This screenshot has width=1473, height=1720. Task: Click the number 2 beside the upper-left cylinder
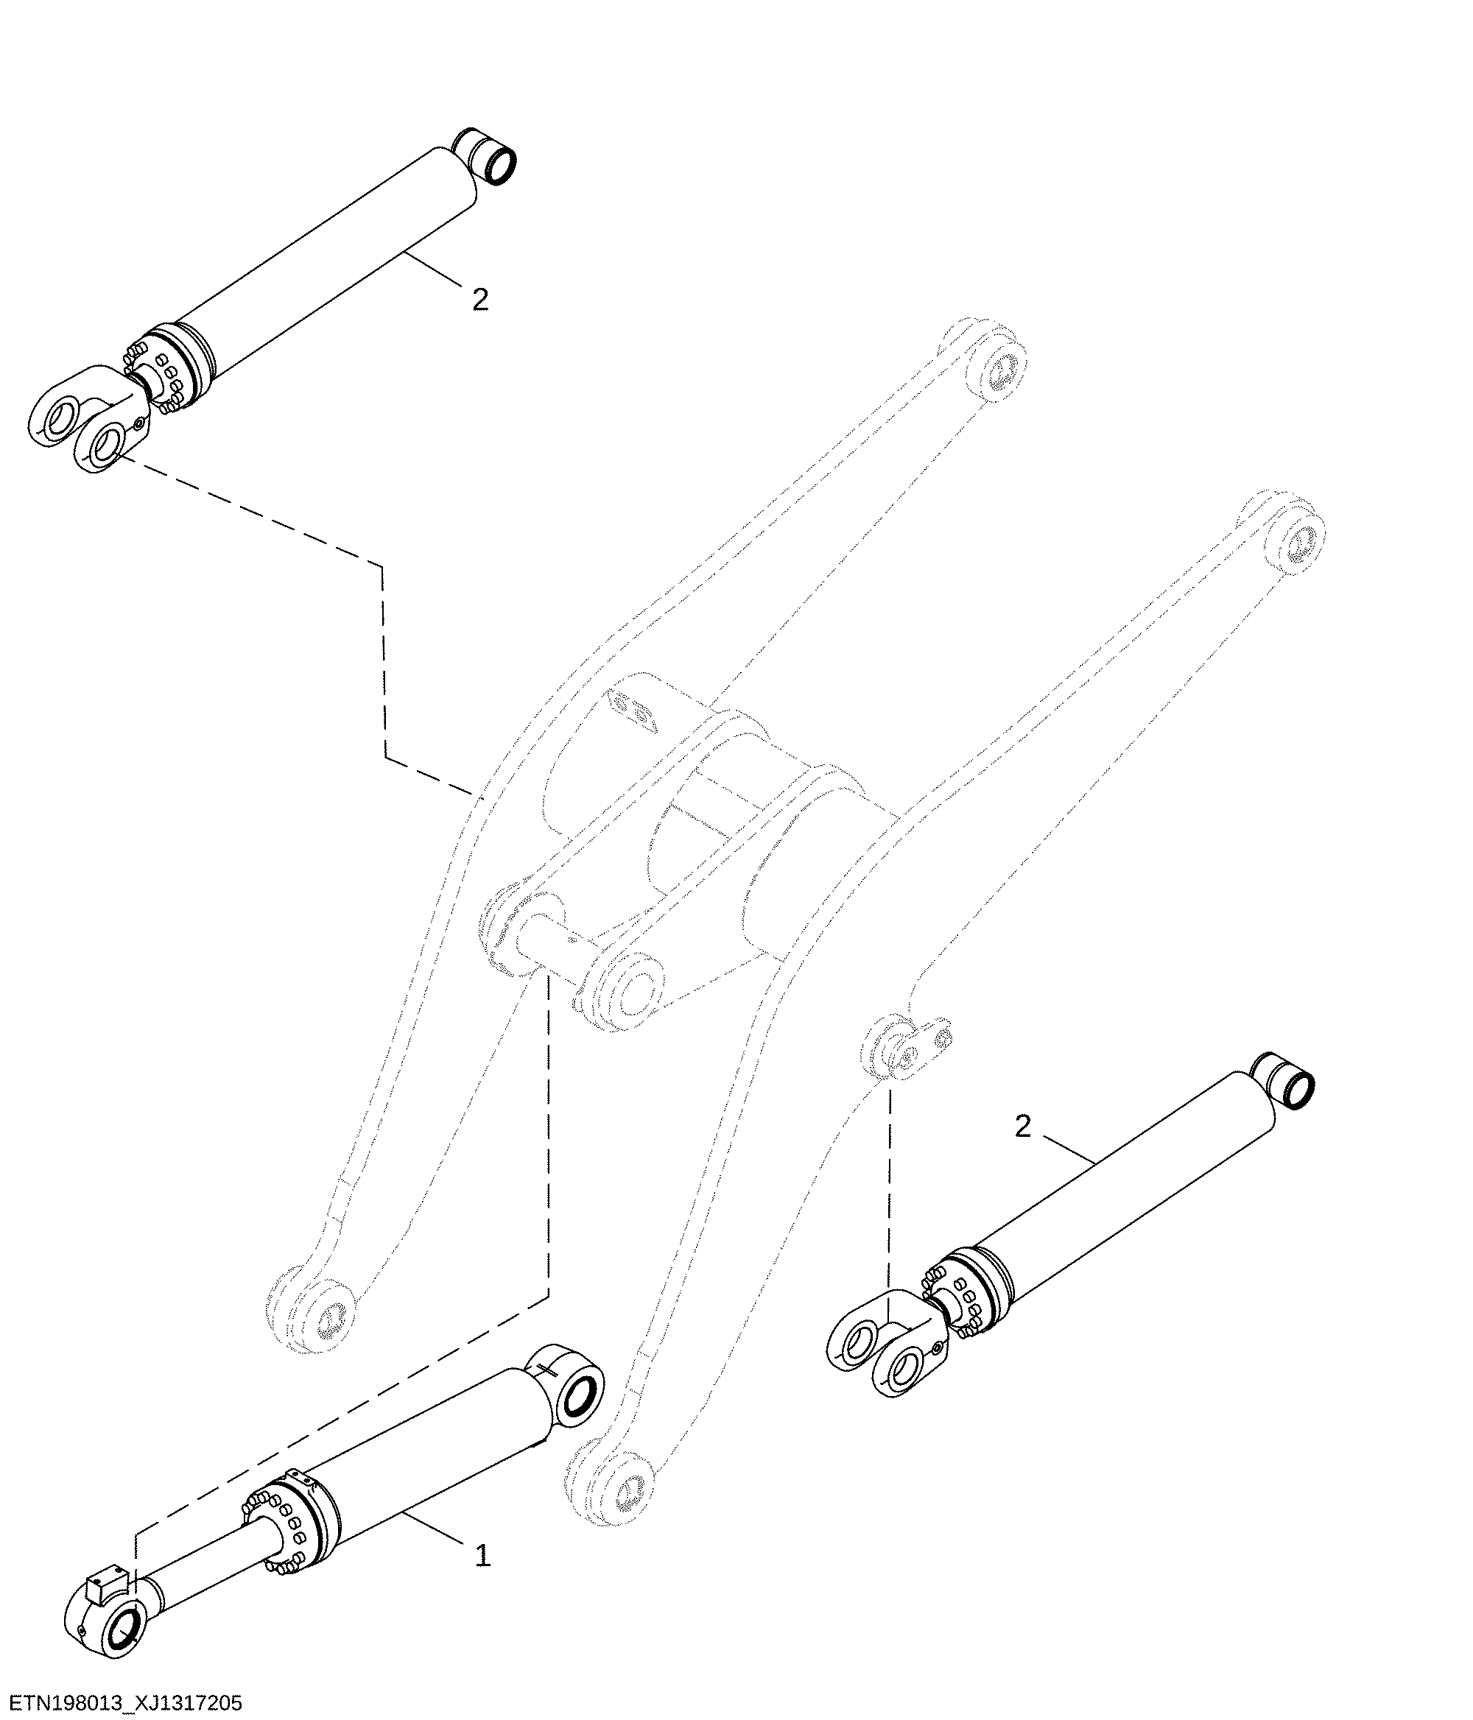480,300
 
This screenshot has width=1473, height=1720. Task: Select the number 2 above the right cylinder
1022,1127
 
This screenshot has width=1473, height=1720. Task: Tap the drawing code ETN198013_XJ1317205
122,1703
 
